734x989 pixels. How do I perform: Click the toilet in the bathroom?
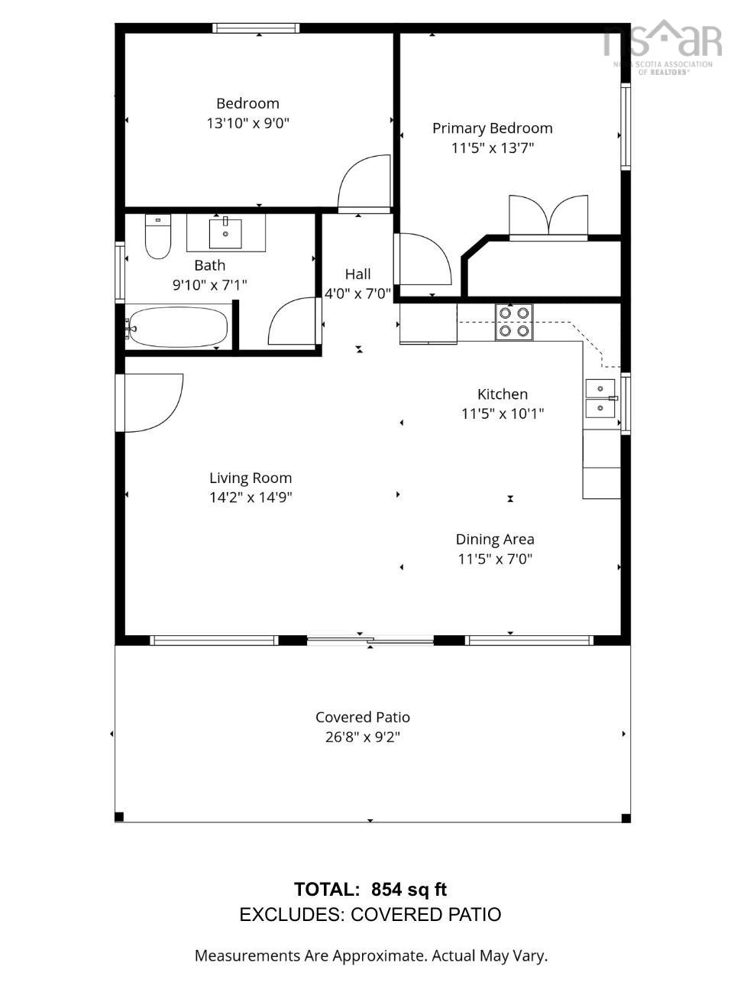pyautogui.click(x=158, y=238)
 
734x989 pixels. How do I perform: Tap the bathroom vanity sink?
pyautogui.click(x=225, y=234)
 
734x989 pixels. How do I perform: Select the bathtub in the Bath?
pyautogui.click(x=178, y=327)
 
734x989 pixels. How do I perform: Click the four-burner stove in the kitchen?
pyautogui.click(x=514, y=322)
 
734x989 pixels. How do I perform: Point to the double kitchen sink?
pyautogui.click(x=600, y=398)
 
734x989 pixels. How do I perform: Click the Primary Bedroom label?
pyautogui.click(x=492, y=128)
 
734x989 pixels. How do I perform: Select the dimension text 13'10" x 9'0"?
pyautogui.click(x=247, y=123)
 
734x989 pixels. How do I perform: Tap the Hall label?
pyautogui.click(x=357, y=274)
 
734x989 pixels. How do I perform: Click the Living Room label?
pyautogui.click(x=251, y=478)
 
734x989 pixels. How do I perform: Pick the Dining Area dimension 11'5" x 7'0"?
pyautogui.click(x=494, y=559)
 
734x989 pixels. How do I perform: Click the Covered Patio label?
pyautogui.click(x=363, y=717)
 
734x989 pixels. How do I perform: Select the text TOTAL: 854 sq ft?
pyautogui.click(x=370, y=890)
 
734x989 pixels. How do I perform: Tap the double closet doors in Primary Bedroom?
pyautogui.click(x=548, y=216)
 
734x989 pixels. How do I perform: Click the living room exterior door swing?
pyautogui.click(x=153, y=402)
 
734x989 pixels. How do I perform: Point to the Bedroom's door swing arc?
pyautogui.click(x=364, y=183)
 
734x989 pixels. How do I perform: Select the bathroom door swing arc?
pyautogui.click(x=293, y=323)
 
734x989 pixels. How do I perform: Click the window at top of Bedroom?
pyautogui.click(x=256, y=28)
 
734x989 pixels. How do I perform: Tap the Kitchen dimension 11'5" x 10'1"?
pyautogui.click(x=502, y=413)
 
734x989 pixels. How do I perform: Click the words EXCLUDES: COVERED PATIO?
pyautogui.click(x=370, y=914)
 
